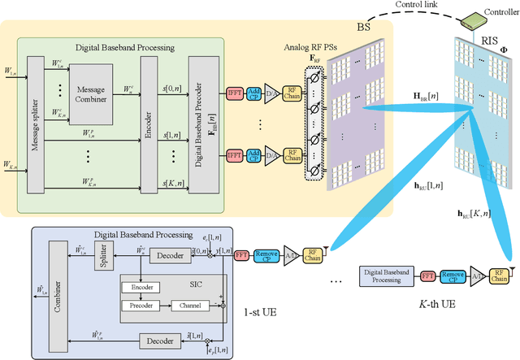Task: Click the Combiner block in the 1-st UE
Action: (x=54, y=289)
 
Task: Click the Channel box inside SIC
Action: (x=189, y=306)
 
